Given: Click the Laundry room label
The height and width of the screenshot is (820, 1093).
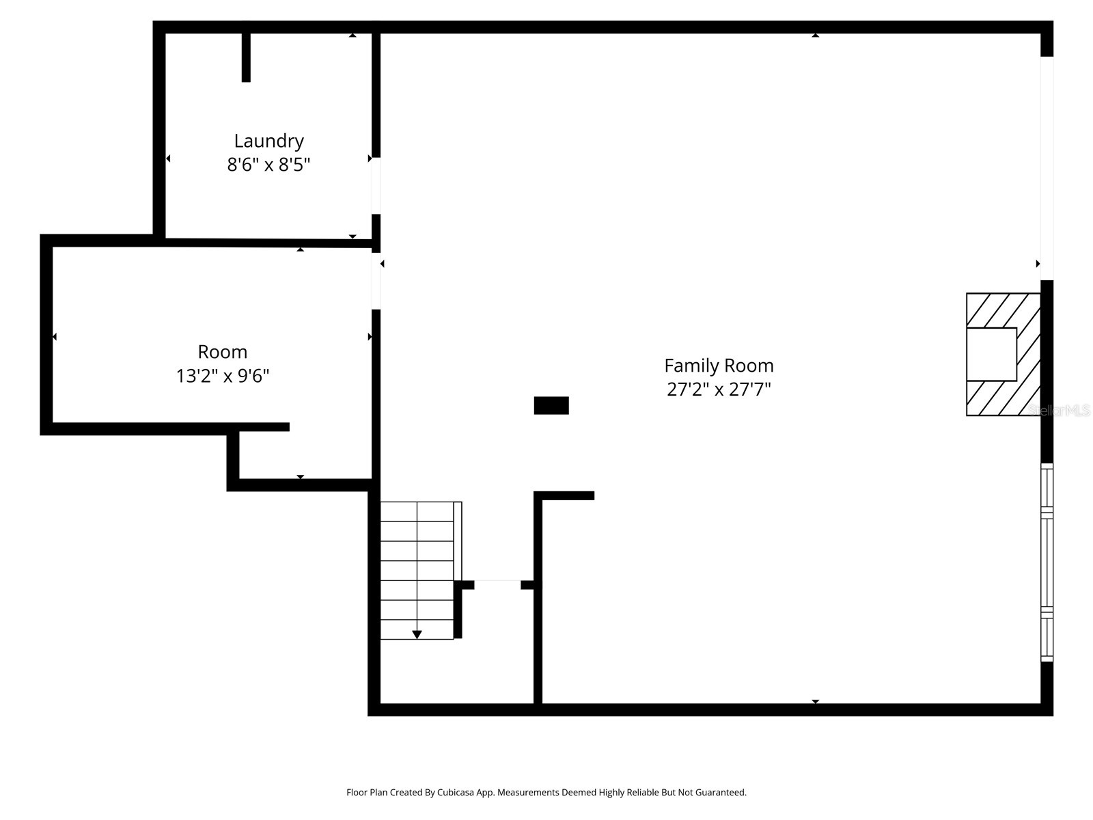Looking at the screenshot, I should tap(268, 141).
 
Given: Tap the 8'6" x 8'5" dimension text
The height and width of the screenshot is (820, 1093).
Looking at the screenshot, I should tap(268, 165).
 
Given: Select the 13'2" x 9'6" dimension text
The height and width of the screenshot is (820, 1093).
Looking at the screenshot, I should tap(223, 376).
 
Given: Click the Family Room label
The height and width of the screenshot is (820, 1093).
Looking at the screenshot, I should tap(719, 366).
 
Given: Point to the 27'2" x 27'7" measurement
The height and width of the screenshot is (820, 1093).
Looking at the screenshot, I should tap(719, 389).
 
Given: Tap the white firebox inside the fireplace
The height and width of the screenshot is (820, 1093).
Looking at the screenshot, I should tap(991, 354).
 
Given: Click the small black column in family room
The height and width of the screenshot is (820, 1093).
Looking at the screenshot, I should tap(551, 405).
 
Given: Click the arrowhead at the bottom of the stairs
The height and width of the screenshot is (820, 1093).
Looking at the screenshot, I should tap(417, 635).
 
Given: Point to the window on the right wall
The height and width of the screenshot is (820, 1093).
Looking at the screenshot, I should tap(1047, 562).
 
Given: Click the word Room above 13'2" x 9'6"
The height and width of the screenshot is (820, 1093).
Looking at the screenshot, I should tap(223, 352).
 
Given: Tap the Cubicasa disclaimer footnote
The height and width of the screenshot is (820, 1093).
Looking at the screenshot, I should tap(546, 793).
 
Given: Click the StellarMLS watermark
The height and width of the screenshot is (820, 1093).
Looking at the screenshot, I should tap(1059, 410).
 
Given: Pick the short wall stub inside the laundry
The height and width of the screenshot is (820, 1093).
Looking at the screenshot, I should tap(246, 57).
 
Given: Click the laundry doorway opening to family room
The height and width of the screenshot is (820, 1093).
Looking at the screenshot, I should tap(376, 185).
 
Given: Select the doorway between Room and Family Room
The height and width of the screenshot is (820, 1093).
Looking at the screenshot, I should tap(376, 281).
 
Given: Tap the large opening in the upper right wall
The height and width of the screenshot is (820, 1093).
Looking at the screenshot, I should tap(1047, 167).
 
